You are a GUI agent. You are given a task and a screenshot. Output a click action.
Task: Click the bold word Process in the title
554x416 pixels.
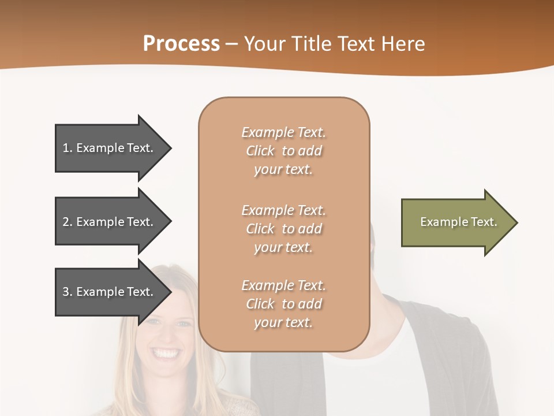tap(181, 44)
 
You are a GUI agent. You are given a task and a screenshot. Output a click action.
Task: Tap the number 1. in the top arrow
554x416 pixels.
tap(68, 148)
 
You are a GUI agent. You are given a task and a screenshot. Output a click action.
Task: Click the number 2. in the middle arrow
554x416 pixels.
tap(68, 222)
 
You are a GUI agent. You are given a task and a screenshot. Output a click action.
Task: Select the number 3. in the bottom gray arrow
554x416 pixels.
tap(68, 292)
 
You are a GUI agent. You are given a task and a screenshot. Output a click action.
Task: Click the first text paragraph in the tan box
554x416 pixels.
tap(283, 151)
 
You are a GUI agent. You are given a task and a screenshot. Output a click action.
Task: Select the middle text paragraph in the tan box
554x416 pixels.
tap(283, 228)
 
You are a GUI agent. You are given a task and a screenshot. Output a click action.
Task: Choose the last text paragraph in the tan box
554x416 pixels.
tap(283, 304)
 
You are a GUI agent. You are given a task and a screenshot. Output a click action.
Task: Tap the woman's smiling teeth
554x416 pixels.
tap(166, 352)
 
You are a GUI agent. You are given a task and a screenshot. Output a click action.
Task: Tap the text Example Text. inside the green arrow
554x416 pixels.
tap(459, 222)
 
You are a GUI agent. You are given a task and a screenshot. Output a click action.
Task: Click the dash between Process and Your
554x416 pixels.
tap(232, 44)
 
